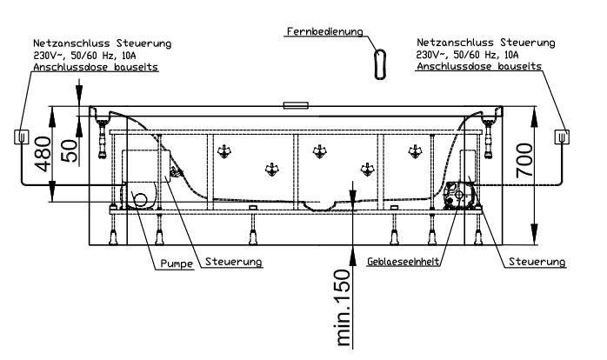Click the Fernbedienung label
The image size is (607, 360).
[x=325, y=33]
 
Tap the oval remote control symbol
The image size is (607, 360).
[x=379, y=63]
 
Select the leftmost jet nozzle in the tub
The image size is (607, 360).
[x=224, y=150]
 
